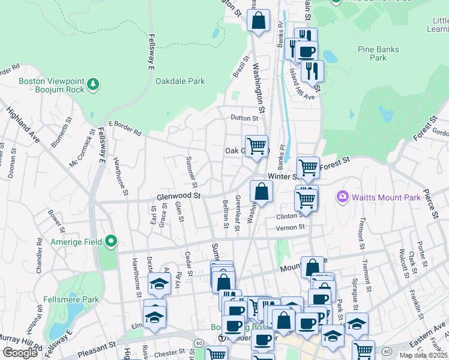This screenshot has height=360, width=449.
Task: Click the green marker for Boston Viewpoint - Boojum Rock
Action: point(93,85)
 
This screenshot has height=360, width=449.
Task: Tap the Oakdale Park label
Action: point(180,81)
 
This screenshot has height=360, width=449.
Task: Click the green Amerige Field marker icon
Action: point(111,241)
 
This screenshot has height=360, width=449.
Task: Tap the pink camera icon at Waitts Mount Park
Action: point(343,196)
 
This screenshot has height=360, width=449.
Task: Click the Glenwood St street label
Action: point(178,196)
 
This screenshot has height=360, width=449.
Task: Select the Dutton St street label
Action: point(244,118)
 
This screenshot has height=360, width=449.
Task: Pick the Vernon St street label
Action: point(291,227)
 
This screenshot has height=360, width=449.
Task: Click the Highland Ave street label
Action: point(23,125)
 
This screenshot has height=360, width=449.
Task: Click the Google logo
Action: point(20,353)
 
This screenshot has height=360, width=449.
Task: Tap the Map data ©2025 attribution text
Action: point(423,355)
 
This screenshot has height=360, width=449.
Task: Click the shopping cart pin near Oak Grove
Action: point(256,146)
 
